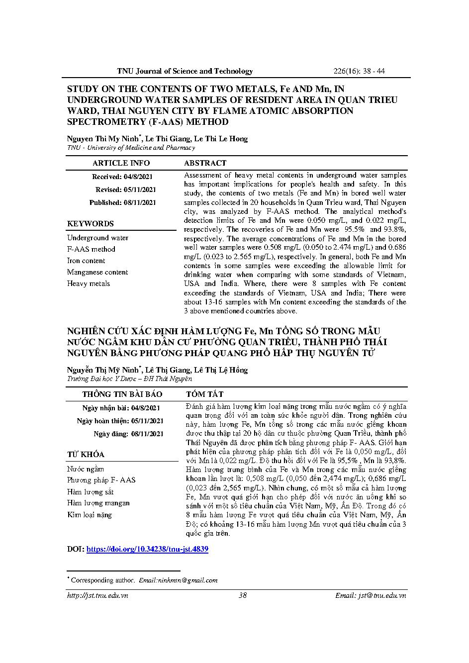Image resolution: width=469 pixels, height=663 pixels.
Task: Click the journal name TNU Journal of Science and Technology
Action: coord(185,71)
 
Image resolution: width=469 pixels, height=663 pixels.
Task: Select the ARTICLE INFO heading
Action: coord(121,163)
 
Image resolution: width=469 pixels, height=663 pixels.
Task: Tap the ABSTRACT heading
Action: coord(205,163)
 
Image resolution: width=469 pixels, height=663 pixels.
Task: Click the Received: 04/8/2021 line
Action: coord(122,177)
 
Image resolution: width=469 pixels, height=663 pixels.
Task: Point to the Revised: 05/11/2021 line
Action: coord(125,189)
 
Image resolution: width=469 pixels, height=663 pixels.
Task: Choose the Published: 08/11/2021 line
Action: coord(122,202)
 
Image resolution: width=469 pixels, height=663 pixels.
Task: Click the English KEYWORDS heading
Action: coord(91,224)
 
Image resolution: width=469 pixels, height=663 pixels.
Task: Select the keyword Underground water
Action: coord(97,238)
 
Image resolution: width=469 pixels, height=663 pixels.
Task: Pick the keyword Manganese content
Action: coord(97,272)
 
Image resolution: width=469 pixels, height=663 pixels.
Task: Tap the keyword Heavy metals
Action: coord(89,284)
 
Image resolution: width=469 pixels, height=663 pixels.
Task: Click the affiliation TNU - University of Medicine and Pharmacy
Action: coord(131,148)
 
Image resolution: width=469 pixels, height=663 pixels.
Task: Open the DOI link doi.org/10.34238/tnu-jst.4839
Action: coord(147,549)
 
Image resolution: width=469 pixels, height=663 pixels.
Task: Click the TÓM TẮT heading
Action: coord(204,394)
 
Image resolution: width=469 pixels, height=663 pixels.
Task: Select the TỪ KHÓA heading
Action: coord(86,455)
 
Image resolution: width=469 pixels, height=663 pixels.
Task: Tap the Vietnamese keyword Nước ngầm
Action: coord(86,469)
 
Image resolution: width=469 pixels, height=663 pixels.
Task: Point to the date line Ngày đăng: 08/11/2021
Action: coord(128,434)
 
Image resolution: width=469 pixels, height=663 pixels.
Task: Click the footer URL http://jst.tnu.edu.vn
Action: coord(97,595)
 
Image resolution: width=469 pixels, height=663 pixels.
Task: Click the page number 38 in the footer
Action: coord(243,595)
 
